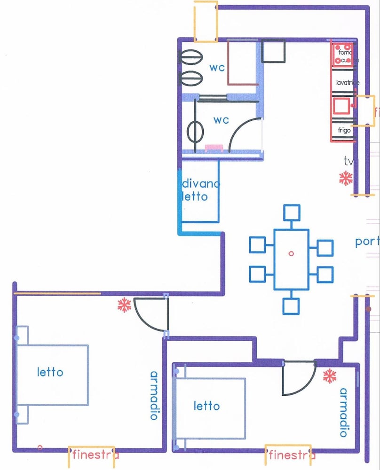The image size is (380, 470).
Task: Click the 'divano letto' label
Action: pos(200,190)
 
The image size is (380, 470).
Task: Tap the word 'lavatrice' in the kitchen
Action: pos(348,83)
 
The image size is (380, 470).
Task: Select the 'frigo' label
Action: pos(344,130)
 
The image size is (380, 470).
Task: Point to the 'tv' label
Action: pos(348,162)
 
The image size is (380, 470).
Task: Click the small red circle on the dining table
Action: pos(291,253)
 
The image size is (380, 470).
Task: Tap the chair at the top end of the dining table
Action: pos(292,213)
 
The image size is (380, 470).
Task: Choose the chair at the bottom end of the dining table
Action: pos(292,306)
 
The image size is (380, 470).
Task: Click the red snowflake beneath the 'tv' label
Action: pos(346,178)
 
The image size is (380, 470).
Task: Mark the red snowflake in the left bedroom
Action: pos(124,306)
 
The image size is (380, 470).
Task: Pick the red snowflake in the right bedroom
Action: pos(330,376)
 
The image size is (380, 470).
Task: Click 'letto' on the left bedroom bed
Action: pos(50,372)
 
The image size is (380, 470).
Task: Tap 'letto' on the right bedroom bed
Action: pos(206,405)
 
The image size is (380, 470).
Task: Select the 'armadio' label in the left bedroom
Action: pos(154,395)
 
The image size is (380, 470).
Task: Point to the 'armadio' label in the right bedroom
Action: pos(344,412)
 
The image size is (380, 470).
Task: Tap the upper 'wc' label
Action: pos(217,67)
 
